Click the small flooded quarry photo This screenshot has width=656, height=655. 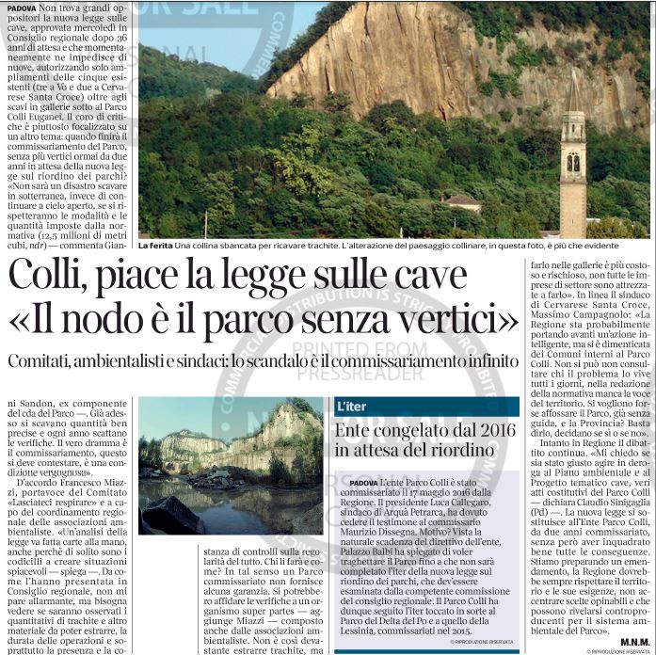(x=231, y=471)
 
